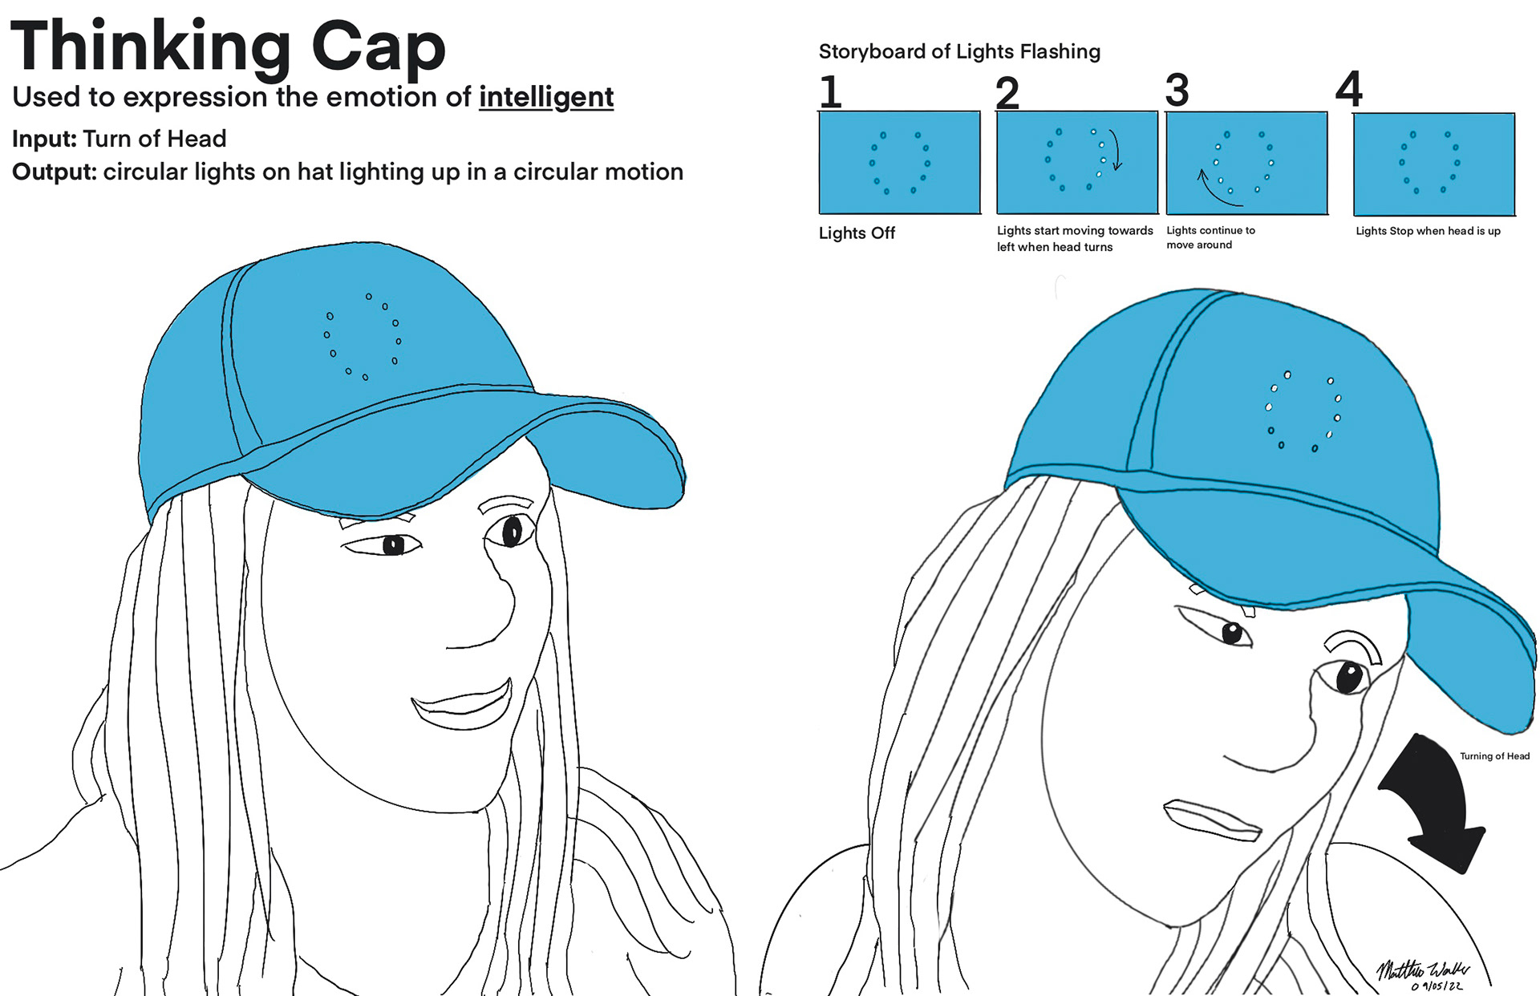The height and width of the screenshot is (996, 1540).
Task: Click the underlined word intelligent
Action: [546, 98]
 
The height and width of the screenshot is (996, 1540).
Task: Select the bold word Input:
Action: [44, 139]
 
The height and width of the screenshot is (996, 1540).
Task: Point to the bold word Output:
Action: [54, 172]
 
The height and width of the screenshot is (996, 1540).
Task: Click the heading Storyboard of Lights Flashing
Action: [959, 52]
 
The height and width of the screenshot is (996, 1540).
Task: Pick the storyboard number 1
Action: [831, 91]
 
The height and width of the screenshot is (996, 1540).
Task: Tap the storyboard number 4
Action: [1349, 89]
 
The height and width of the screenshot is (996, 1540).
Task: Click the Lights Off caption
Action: [857, 233]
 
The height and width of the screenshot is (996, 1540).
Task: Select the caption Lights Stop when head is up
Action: [1428, 231]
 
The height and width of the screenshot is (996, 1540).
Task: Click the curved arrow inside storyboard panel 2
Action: [1116, 150]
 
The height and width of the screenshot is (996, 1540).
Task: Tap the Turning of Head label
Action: [1494, 756]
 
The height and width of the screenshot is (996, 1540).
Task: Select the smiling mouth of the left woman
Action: [464, 705]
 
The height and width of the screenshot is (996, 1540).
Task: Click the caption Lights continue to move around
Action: [1210, 237]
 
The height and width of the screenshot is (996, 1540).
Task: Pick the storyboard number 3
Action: [1177, 90]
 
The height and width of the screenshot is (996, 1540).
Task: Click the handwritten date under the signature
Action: [1437, 986]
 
